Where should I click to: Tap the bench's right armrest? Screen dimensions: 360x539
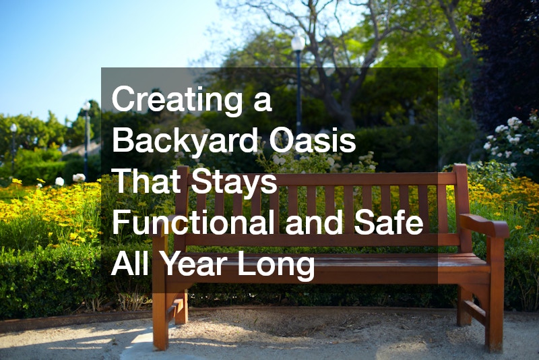coord(484,224)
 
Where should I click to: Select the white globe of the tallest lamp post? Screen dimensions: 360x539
coord(297,42)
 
